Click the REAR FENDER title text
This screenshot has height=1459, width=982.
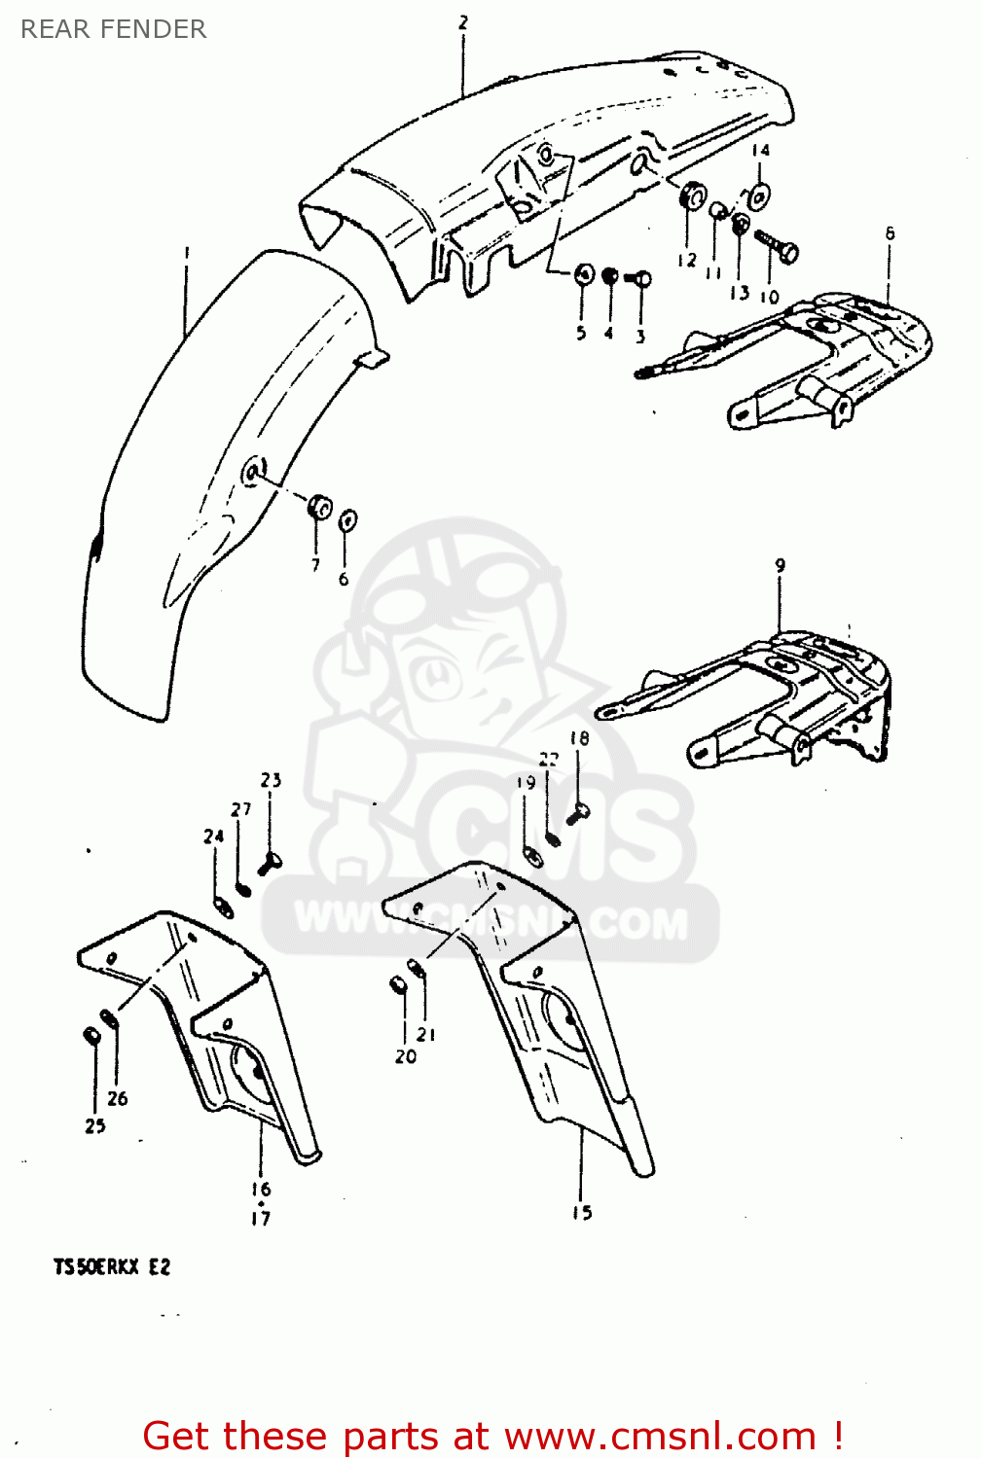click(x=113, y=29)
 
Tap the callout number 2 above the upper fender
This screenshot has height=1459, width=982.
click(x=463, y=22)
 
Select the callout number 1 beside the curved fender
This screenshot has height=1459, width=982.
click(x=187, y=254)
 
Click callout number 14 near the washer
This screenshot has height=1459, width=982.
click(x=760, y=151)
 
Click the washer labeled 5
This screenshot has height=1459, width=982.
click(x=584, y=275)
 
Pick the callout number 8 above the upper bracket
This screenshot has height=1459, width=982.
click(x=890, y=233)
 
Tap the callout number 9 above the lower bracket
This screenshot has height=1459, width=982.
click(x=780, y=565)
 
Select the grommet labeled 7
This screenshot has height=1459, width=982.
click(x=319, y=508)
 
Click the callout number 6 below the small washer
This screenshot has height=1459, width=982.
click(x=344, y=580)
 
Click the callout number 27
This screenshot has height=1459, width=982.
click(x=240, y=809)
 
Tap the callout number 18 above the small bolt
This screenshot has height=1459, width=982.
click(x=579, y=738)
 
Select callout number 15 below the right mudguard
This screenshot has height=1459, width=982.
click(x=582, y=1212)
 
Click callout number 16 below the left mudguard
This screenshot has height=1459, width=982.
click(x=261, y=1189)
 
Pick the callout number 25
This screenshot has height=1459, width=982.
click(x=95, y=1125)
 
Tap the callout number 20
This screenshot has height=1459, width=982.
click(x=405, y=1056)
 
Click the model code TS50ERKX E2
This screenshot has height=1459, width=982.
click(x=112, y=1267)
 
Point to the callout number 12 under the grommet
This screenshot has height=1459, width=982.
click(x=687, y=260)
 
